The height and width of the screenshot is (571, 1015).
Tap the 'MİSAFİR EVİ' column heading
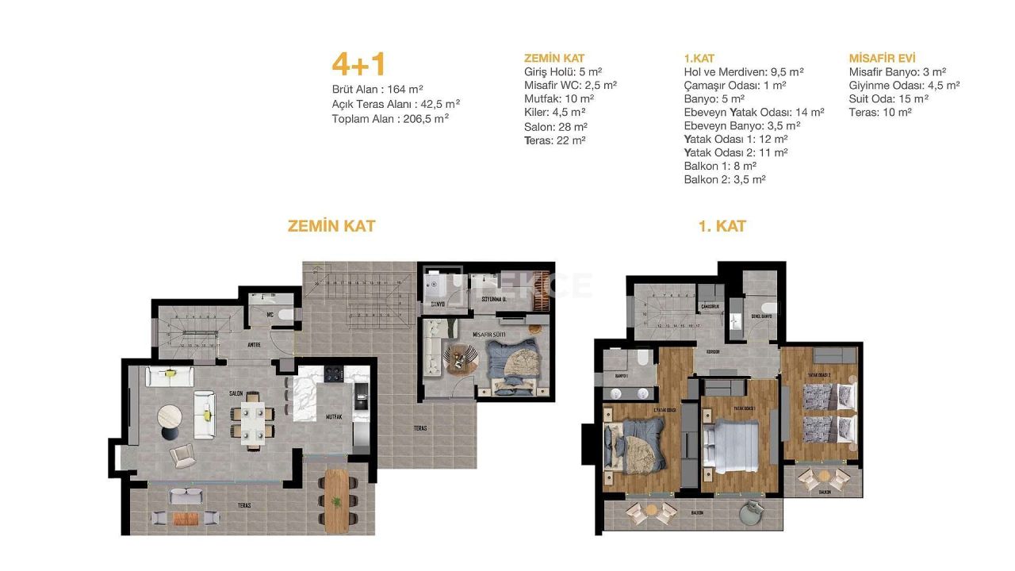coord(882,58)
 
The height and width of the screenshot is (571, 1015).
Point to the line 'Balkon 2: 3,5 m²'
coord(724,180)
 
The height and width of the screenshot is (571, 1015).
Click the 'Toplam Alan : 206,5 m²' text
coord(390,118)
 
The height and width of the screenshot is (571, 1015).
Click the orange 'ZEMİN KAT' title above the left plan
coord(331,226)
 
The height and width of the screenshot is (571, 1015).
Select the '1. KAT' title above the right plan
coord(722,226)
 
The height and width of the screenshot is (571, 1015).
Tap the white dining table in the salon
coord(254,420)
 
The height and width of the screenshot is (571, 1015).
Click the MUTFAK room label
coord(333,416)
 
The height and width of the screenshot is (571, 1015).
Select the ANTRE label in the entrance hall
coord(254,344)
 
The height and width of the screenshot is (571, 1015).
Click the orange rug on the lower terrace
coord(185,519)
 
